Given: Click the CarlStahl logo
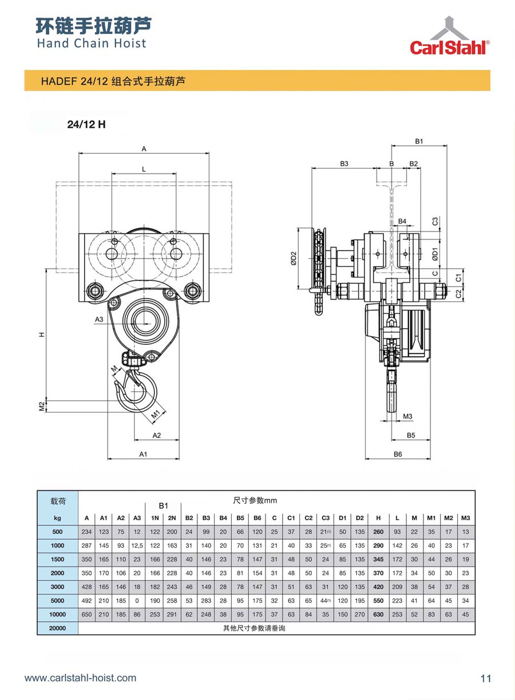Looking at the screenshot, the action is pos(449,36).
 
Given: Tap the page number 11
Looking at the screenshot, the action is pos(486,678).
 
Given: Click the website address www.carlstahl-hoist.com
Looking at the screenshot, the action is pos(81,678).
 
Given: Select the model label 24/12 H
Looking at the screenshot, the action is pos(86,124).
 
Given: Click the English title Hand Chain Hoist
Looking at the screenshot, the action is pos(92,43).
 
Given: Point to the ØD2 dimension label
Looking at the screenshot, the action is pos(294,258).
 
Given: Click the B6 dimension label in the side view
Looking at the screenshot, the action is pos(398,454).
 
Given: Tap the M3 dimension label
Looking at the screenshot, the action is pos(407,416).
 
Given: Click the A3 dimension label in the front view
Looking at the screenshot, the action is pos(99,320).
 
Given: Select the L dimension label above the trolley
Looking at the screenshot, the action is pos(144,170).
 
